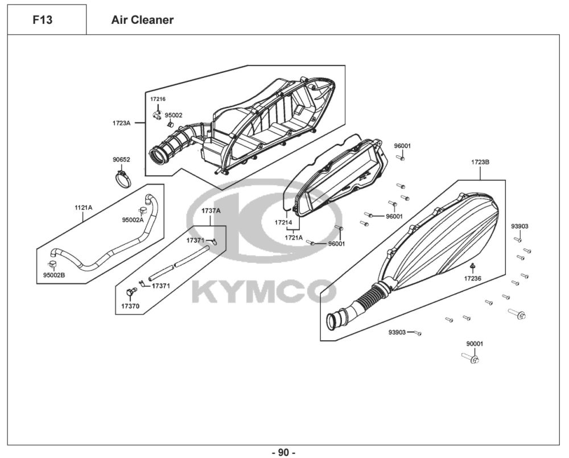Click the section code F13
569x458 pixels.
pyautogui.click(x=43, y=20)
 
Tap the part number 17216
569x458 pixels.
pyautogui.click(x=158, y=99)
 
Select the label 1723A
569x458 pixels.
pyautogui.click(x=122, y=123)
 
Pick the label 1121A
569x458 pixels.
pyautogui.click(x=83, y=208)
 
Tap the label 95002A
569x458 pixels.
pyautogui.click(x=133, y=220)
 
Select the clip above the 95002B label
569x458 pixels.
pyautogui.click(x=52, y=265)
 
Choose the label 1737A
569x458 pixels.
pyautogui.click(x=211, y=211)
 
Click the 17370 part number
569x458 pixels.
pyautogui.click(x=130, y=306)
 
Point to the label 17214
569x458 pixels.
pyautogui.click(x=283, y=222)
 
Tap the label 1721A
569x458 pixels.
pyautogui.click(x=294, y=237)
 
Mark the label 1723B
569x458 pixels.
pyautogui.click(x=480, y=162)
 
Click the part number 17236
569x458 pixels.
pyautogui.click(x=472, y=279)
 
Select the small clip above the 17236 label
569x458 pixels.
pyautogui.click(x=472, y=267)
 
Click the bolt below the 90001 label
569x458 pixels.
pyautogui.click(x=472, y=358)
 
